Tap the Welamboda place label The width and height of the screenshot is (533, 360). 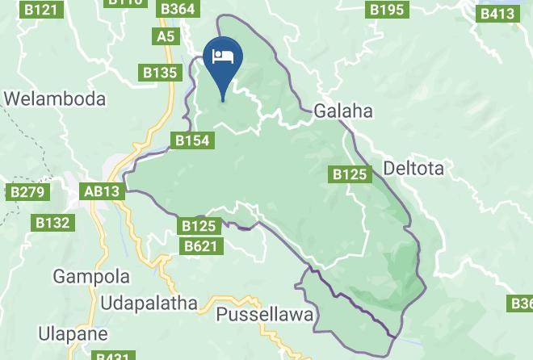coord(56,98)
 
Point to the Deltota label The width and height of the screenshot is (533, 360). coord(414,169)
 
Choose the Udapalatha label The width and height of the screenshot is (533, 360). coord(149,303)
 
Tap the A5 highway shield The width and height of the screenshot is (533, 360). coord(166,36)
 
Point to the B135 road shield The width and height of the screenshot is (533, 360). coord(160,73)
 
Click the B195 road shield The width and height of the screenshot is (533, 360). coord(386,10)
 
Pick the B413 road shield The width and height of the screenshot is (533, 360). coord(497,14)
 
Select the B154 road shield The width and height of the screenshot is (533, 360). coord(193,141)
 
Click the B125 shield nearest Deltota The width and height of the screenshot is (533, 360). coord(350,174)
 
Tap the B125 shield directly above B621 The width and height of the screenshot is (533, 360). coord(199,226)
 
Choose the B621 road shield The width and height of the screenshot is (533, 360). coord(200,245)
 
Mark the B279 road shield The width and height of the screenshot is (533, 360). coord(28,192)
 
